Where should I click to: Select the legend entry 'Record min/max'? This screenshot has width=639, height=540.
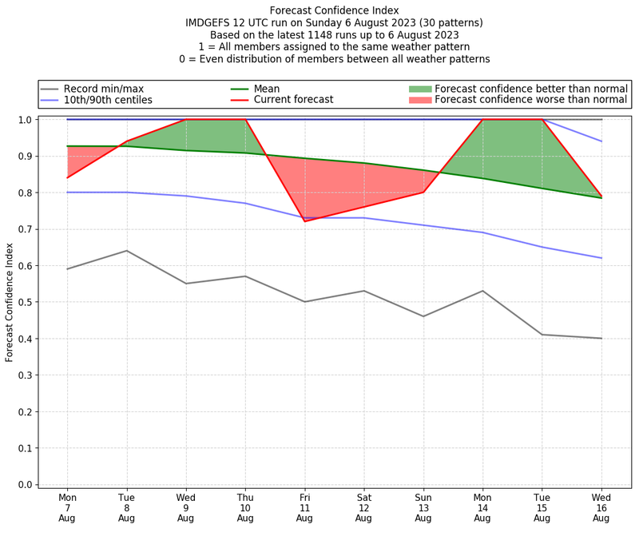(x=115, y=89)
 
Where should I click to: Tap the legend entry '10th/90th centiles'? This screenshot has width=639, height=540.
(x=119, y=100)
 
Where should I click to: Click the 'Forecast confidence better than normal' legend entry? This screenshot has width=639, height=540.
(x=531, y=89)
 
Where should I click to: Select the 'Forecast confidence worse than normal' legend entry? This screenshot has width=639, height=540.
(x=531, y=100)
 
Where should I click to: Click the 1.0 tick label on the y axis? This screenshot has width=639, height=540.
(x=26, y=120)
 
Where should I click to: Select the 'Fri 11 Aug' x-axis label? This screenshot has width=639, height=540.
(x=304, y=508)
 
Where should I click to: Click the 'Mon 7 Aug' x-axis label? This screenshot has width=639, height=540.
(x=67, y=508)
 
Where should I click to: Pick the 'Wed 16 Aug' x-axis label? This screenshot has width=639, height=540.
(x=601, y=508)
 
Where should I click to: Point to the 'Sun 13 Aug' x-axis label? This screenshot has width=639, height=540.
(x=423, y=508)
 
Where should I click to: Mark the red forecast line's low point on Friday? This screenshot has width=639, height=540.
(x=304, y=221)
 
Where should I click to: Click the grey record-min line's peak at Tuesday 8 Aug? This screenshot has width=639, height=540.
(x=126, y=251)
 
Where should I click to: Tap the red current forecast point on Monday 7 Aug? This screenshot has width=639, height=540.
(x=67, y=177)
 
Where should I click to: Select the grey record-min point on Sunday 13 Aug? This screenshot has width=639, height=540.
(x=423, y=316)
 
